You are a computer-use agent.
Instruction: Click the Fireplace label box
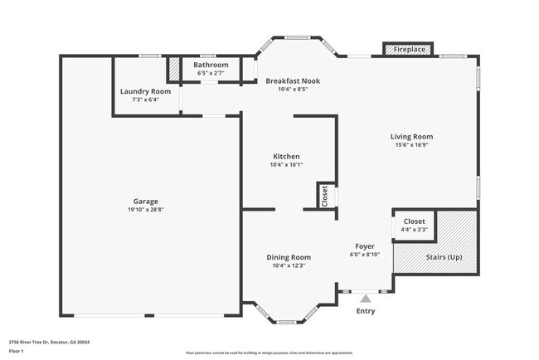pyautogui.click(x=409, y=50)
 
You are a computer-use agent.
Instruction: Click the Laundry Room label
pyautogui.click(x=145, y=91)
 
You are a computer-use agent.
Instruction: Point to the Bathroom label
pyautogui.click(x=211, y=65)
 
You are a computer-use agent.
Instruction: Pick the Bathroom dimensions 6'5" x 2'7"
pyautogui.click(x=211, y=73)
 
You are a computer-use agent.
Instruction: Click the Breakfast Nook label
pyautogui.click(x=293, y=80)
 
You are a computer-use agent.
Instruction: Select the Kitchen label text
pyautogui.click(x=286, y=156)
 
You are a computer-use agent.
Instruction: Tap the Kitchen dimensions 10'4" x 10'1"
pyautogui.click(x=286, y=164)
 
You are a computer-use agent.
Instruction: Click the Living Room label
pyautogui.click(x=412, y=137)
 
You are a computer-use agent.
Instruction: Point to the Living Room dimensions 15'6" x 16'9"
pyautogui.click(x=412, y=145)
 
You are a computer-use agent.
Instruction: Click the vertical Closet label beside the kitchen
pyautogui.click(x=323, y=196)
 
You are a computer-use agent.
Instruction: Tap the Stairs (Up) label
pyautogui.click(x=444, y=258)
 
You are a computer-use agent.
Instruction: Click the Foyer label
pyautogui.click(x=365, y=246)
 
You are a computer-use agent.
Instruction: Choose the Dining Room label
pyautogui.click(x=289, y=257)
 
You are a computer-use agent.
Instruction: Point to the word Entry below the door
pyautogui.click(x=365, y=311)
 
